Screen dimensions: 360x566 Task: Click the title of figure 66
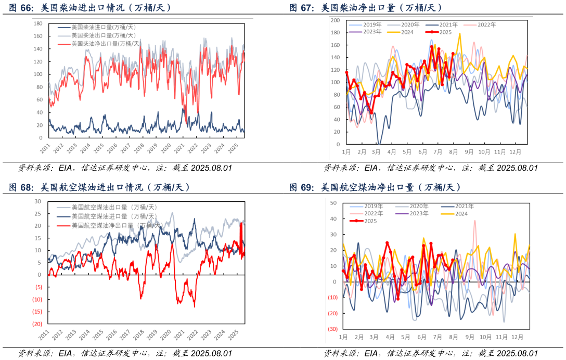click(x=91, y=8)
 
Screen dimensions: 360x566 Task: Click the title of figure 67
click(x=366, y=8)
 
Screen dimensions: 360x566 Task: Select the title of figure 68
click(x=99, y=187)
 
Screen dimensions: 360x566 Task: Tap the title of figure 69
click(x=375, y=187)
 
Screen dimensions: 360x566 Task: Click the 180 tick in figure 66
click(x=37, y=23)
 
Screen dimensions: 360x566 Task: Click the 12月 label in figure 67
click(x=515, y=152)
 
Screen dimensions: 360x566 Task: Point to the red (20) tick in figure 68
click(x=37, y=324)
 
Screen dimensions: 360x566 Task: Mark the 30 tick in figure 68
click(x=37, y=201)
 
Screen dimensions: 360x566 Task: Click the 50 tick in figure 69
click(x=333, y=202)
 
